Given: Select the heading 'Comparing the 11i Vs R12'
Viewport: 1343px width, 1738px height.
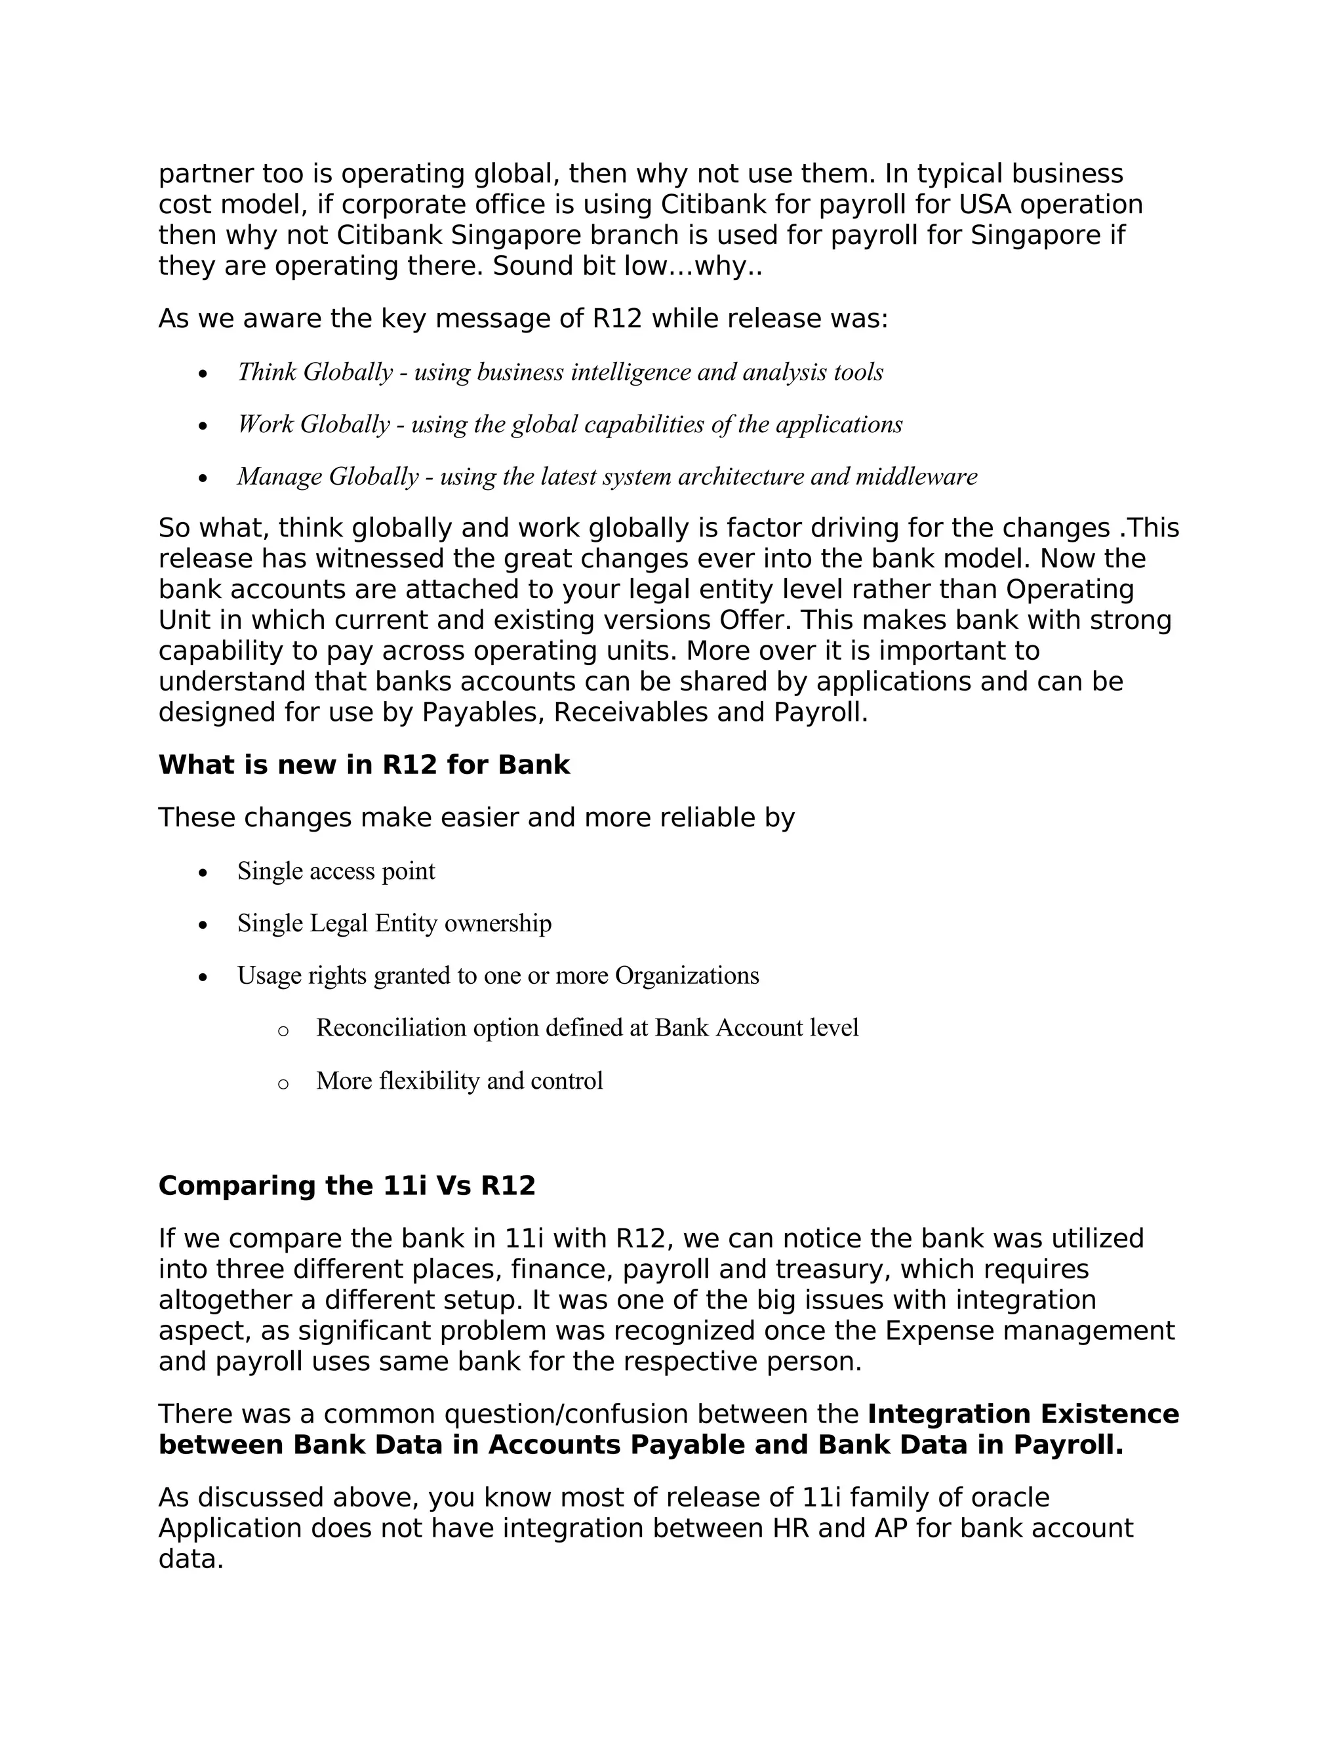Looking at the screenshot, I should point(347,1186).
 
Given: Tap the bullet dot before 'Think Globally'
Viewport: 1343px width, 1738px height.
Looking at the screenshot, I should point(204,373).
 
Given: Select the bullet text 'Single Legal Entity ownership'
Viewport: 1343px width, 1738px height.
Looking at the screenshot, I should point(394,923).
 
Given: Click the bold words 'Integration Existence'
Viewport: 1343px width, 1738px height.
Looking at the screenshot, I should point(1022,1414).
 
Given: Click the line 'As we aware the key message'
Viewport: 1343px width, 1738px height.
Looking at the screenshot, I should point(523,319).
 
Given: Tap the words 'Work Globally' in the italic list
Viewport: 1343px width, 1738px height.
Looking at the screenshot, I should point(313,424).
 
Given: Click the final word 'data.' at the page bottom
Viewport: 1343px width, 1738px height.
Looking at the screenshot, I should point(191,1559).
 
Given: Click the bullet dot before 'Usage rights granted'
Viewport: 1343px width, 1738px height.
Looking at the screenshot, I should point(204,977).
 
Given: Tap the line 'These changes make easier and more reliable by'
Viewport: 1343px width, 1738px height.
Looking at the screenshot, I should point(476,818).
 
